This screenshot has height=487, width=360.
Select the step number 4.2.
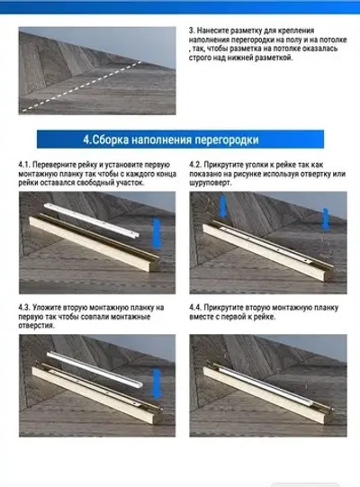[196, 165]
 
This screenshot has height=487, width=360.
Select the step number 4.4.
[196, 307]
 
